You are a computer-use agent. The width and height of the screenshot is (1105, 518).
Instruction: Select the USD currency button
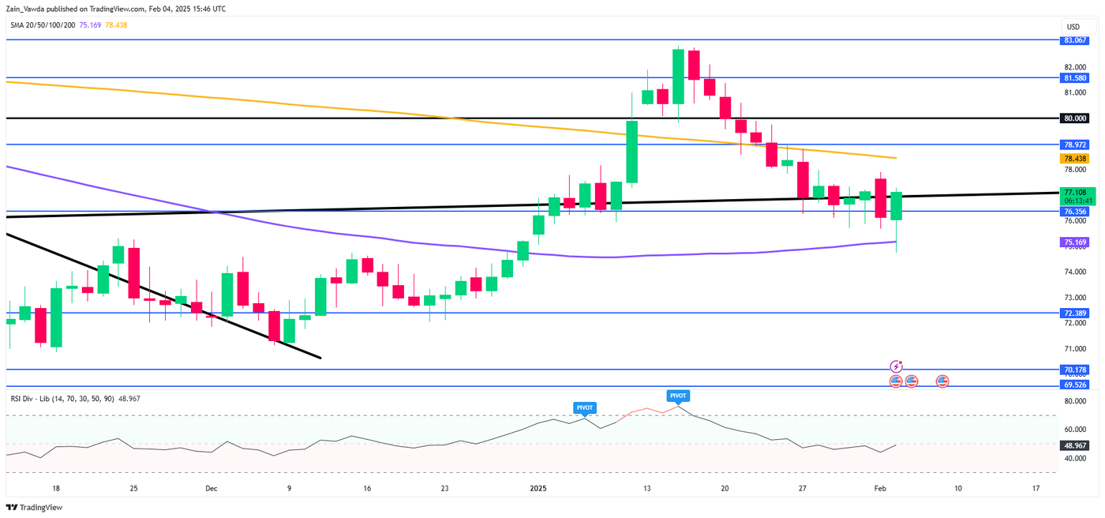[1073, 26]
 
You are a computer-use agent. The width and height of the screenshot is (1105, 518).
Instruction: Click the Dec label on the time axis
[211, 489]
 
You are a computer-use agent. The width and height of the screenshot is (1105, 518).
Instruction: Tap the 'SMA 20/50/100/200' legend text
[43, 24]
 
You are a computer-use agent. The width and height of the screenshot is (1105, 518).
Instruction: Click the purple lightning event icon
[896, 366]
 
